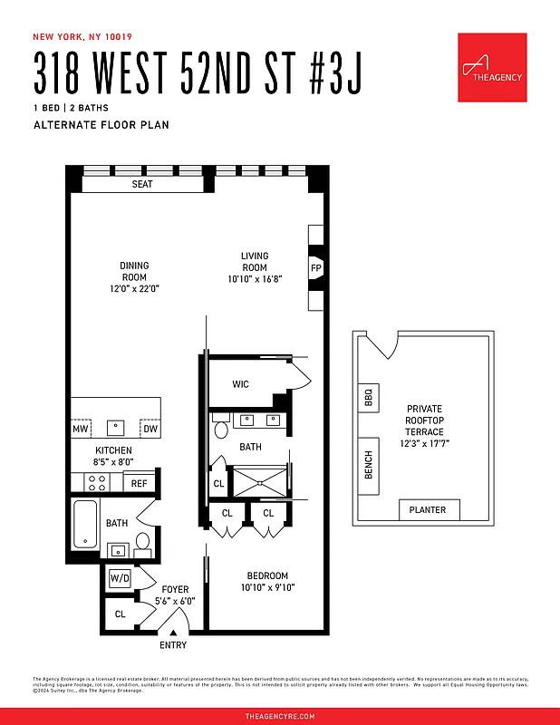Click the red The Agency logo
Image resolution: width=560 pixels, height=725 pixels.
tap(492, 68)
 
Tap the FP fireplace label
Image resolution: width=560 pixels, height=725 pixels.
tap(316, 268)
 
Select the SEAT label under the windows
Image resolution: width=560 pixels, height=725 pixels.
tap(142, 184)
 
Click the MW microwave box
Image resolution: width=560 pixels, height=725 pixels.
tap(81, 429)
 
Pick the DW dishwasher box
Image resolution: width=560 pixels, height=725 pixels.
tap(150, 429)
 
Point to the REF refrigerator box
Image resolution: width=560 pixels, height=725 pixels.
tap(139, 483)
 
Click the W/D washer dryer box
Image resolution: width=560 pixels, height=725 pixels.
tap(120, 577)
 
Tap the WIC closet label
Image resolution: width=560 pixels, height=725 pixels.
tap(240, 384)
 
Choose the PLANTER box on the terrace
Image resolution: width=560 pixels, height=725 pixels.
tap(428, 510)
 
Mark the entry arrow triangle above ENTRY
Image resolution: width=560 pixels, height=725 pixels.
tap(173, 633)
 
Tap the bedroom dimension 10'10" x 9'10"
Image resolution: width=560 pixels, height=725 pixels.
tap(267, 587)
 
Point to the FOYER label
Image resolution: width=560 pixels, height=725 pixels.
tap(175, 589)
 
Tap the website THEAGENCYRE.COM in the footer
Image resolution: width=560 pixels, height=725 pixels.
tap(280, 716)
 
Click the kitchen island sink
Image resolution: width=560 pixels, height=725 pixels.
tap(115, 427)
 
